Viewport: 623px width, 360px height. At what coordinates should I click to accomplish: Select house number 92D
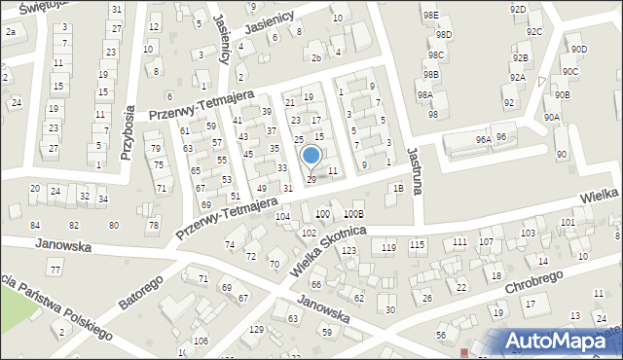click(x=518, y=9)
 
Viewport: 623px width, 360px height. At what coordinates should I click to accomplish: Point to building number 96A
click(x=483, y=140)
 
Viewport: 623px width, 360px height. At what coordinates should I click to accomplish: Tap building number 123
click(x=348, y=250)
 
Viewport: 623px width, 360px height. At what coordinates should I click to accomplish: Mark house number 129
click(x=257, y=330)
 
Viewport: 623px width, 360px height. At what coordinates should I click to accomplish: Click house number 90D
click(x=579, y=49)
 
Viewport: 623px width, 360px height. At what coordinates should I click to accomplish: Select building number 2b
click(x=315, y=57)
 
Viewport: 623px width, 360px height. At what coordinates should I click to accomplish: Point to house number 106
click(x=201, y=341)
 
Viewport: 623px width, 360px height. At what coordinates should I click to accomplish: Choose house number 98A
click(x=424, y=95)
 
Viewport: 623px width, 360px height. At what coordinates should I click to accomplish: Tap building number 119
click(x=388, y=248)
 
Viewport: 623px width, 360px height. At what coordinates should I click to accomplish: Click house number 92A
click(x=518, y=77)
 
